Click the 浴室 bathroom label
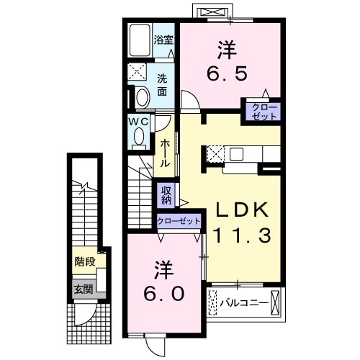[x=163, y=40]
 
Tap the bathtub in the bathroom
[x=140, y=40]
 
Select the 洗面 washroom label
[x=162, y=85]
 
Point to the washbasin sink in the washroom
[x=143, y=98]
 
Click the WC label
[x=138, y=122]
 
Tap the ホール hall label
[x=165, y=153]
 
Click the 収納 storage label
[x=166, y=195]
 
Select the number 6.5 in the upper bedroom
[x=227, y=73]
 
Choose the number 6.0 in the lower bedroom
[x=164, y=294]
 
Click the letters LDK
[x=242, y=210]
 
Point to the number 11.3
[x=242, y=235]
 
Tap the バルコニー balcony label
[x=244, y=303]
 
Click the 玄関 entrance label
[x=83, y=289]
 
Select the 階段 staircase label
[x=85, y=261]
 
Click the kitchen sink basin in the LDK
[x=236, y=154]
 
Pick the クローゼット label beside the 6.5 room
[x=264, y=112]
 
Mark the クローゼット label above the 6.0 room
[x=179, y=221]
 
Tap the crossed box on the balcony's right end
[x=275, y=303]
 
